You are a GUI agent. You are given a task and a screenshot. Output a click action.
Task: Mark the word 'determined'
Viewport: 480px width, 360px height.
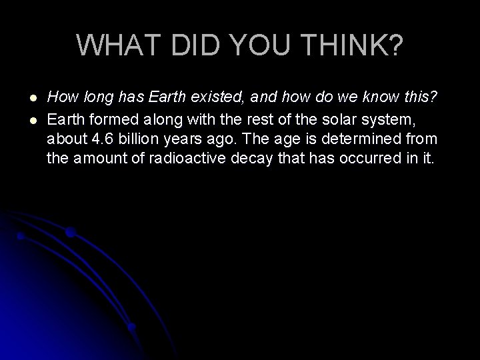tap(363, 140)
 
